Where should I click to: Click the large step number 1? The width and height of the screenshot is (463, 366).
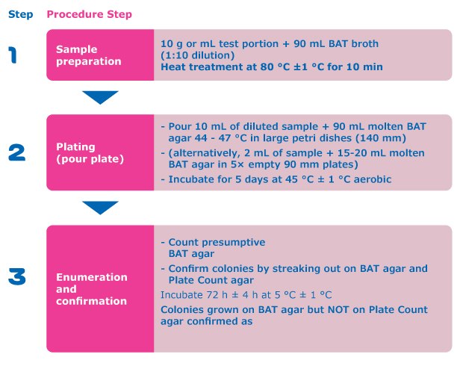[13, 55]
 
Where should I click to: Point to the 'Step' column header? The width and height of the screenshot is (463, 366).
[20, 14]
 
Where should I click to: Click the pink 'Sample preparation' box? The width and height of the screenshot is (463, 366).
[100, 55]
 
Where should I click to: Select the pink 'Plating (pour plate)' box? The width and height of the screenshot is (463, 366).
[100, 152]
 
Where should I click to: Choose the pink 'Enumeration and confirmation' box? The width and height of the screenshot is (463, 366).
[100, 288]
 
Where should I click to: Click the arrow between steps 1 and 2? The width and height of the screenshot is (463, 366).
[100, 97]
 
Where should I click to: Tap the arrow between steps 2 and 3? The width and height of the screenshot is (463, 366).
[100, 207]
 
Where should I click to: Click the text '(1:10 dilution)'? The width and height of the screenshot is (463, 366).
[198, 55]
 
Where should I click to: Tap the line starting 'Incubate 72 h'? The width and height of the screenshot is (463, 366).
[246, 295]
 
